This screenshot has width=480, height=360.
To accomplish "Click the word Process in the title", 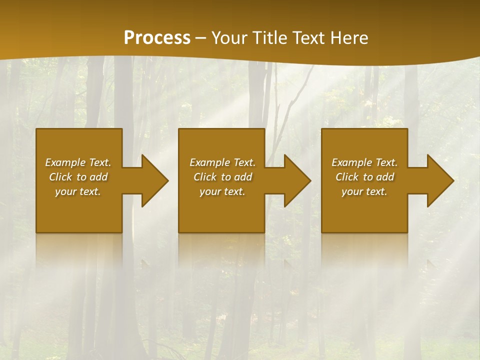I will (157, 38).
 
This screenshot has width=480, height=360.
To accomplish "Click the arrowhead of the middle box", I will (300, 180).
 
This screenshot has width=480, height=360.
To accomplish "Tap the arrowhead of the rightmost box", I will (443, 180).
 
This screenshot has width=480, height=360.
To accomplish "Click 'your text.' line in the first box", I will (78, 191).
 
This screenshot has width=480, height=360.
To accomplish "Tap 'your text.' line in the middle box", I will (222, 191).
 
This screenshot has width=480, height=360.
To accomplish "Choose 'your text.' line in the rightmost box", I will (364, 191).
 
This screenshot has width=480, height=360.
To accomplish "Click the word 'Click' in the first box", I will (60, 177).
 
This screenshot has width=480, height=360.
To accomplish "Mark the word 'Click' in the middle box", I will (205, 177).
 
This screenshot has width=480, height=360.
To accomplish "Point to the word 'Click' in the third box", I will (347, 177).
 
